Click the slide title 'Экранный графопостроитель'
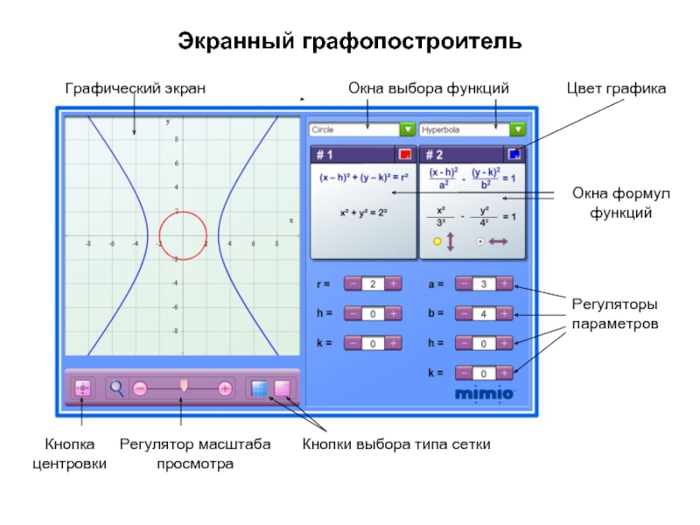[x=350, y=40]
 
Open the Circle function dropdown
[x=407, y=129]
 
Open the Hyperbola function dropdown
[x=518, y=129]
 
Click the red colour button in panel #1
[x=404, y=155]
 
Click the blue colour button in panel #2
[x=514, y=155]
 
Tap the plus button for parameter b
[x=505, y=313]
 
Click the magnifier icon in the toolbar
[x=116, y=388]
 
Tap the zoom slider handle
[x=184, y=386]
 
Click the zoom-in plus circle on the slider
[x=225, y=388]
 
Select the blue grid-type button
[x=259, y=388]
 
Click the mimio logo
[x=484, y=394]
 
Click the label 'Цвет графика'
[x=616, y=88]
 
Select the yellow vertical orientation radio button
[x=437, y=241]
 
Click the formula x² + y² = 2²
[x=363, y=213]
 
